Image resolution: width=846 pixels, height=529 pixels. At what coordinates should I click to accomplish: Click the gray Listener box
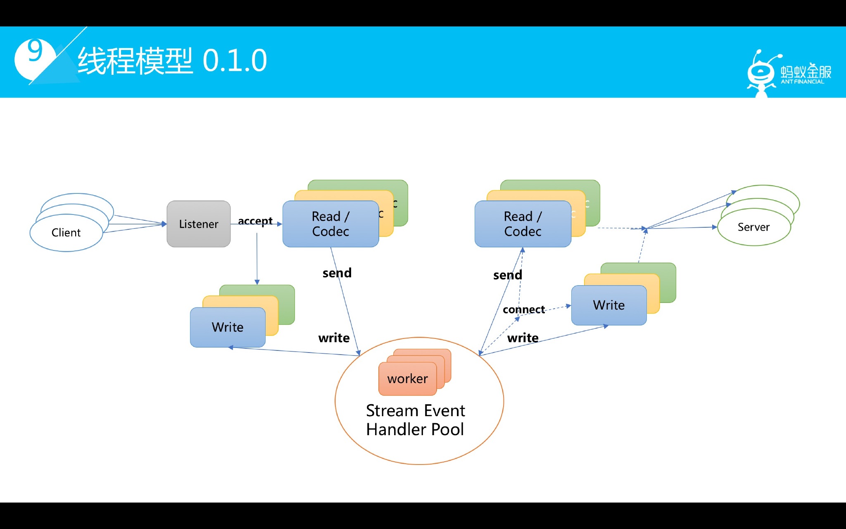[x=199, y=224]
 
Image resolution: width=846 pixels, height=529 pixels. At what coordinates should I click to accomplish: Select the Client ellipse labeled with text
[x=66, y=233]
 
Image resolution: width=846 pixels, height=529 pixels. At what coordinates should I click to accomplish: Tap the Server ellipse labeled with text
[x=753, y=227]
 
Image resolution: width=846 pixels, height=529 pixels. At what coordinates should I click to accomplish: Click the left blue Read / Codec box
[x=330, y=224]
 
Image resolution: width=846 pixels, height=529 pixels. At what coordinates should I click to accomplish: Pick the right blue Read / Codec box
[x=523, y=224]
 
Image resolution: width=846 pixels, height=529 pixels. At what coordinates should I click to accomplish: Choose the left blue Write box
[x=228, y=327]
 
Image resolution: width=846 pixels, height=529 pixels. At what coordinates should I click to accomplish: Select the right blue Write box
[x=609, y=305]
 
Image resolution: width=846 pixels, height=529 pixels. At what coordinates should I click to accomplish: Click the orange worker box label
[x=407, y=379]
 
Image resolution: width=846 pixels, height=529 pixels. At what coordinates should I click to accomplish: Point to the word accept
[x=255, y=221]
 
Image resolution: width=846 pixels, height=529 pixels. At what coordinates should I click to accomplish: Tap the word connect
[x=524, y=310]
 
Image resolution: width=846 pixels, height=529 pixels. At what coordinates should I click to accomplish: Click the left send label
[x=337, y=273]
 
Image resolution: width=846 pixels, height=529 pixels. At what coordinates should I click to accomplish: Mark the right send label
[x=508, y=275]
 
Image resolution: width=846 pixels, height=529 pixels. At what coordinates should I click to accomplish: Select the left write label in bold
[x=334, y=338]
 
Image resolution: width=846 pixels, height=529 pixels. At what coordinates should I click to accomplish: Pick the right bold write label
[x=523, y=338]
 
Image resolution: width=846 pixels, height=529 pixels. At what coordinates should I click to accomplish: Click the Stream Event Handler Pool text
[x=416, y=420]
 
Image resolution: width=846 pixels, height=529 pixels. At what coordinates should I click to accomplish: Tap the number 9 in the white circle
[x=35, y=51]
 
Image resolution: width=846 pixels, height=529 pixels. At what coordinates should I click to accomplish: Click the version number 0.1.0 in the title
[x=235, y=61]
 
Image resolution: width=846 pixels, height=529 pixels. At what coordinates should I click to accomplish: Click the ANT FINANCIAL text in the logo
[x=802, y=82]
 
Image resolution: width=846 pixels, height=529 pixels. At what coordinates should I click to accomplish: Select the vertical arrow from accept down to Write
[x=257, y=259]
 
